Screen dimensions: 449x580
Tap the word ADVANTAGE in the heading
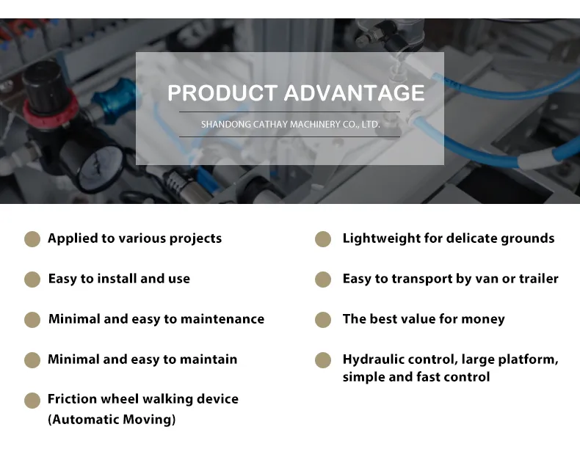[354, 93]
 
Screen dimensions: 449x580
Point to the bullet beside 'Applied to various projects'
[32, 239]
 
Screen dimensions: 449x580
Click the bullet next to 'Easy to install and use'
[32, 280]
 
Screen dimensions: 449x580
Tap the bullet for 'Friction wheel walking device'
[32, 401]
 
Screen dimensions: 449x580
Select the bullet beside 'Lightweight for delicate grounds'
[323, 239]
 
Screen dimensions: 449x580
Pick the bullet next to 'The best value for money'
[323, 320]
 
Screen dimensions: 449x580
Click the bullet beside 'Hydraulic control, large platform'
[323, 360]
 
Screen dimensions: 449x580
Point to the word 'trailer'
[539, 279]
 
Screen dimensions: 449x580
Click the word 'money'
[484, 319]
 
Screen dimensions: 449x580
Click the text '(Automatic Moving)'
[112, 420]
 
